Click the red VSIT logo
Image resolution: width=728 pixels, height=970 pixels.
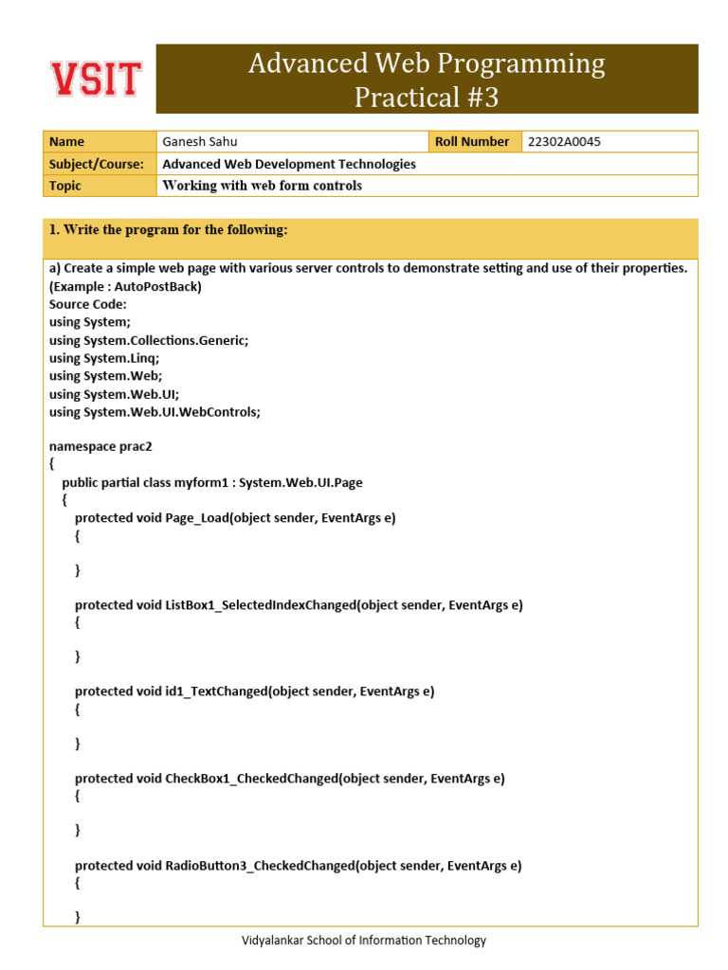[x=96, y=79]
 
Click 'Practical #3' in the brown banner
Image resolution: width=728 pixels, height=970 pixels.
[x=426, y=97]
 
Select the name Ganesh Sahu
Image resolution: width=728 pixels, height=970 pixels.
[x=200, y=142]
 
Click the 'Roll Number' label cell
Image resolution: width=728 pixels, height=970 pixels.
[x=472, y=142]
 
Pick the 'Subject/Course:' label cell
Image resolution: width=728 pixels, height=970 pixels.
[x=96, y=164]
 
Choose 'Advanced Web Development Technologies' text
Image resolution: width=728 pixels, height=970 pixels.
[x=289, y=164]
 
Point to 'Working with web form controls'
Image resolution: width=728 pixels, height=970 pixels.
[x=263, y=186]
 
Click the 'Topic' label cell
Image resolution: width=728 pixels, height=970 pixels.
[x=65, y=186]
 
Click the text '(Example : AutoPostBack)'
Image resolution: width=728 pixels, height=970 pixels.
[x=125, y=286]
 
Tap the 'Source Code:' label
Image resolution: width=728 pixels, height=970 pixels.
[x=87, y=304]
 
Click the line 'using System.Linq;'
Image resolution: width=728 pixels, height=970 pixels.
[x=103, y=358]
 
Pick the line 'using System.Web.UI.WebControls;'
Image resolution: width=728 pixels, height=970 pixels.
[x=154, y=412]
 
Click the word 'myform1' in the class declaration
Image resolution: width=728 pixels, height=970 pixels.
[x=205, y=482]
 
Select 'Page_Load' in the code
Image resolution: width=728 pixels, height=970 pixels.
[x=196, y=517]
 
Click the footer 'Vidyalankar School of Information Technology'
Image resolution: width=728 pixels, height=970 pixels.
[x=363, y=941]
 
